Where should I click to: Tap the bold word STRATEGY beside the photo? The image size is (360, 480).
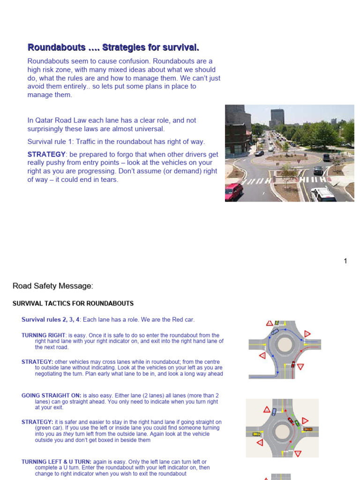(46, 154)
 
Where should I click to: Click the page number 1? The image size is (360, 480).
(345, 261)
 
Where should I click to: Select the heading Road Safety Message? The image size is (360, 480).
(53, 286)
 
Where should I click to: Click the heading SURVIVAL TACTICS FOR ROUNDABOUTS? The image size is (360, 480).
(73, 304)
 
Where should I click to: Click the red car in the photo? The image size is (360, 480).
(233, 191)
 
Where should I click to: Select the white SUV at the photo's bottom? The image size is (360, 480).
(323, 194)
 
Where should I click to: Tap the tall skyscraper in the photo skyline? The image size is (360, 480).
(277, 117)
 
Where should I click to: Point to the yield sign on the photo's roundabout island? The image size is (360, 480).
(286, 158)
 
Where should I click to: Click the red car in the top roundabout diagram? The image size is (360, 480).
(293, 364)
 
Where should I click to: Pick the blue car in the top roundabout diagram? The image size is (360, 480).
(275, 331)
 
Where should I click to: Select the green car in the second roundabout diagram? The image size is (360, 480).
(297, 423)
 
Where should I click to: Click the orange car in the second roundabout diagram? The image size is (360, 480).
(307, 429)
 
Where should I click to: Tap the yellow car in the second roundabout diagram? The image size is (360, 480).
(256, 434)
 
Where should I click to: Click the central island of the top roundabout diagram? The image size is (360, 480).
(285, 345)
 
